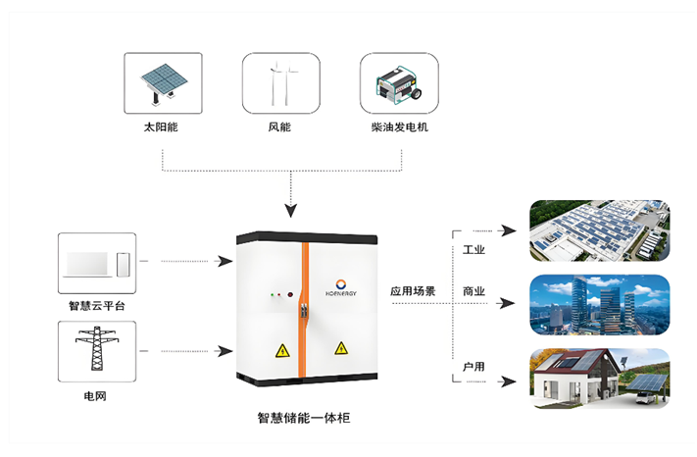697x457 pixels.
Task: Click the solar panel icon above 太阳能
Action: click(163, 83)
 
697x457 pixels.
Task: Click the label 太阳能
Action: click(163, 128)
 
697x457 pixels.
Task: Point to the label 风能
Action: click(280, 128)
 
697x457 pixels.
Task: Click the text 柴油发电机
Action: click(399, 128)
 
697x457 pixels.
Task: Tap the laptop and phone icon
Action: click(97, 263)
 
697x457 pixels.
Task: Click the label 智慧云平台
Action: click(97, 306)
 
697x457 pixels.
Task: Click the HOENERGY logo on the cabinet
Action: click(340, 290)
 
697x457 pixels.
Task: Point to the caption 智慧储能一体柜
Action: click(303, 418)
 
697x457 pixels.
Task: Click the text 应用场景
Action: click(414, 291)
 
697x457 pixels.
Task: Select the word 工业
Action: click(474, 250)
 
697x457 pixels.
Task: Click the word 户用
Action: click(474, 366)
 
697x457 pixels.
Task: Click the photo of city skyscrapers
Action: click(599, 305)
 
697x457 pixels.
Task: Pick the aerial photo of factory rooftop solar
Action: click(599, 230)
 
